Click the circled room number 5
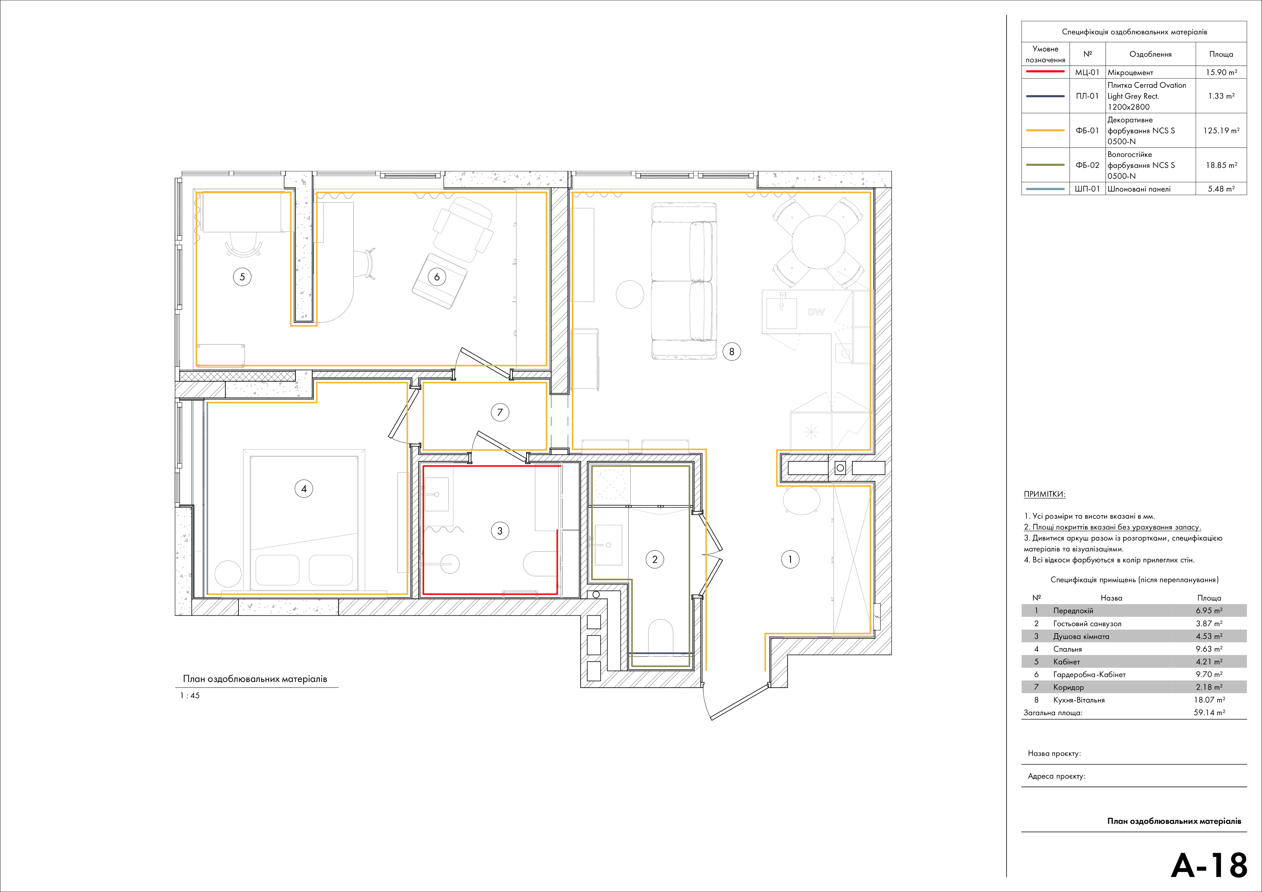(242, 277)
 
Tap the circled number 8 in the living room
(731, 352)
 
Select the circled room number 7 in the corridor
(500, 412)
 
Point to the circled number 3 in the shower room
(500, 531)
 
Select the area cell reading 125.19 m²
(1221, 131)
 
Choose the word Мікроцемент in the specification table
(1130, 73)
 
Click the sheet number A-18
(1209, 865)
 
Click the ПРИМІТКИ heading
(1044, 494)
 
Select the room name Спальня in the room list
(1067, 649)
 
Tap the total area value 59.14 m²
(1209, 712)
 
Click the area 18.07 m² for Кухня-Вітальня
(1209, 699)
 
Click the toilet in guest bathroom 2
(660, 636)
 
